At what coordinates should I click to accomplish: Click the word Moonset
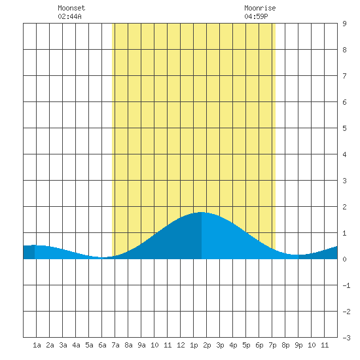click(71, 8)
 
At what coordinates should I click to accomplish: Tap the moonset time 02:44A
click(69, 16)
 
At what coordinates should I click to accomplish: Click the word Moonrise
click(260, 8)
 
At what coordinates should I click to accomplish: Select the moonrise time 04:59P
click(256, 16)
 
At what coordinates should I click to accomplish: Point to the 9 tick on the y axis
click(344, 24)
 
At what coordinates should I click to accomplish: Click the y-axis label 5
click(344, 128)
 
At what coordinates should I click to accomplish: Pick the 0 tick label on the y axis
click(344, 259)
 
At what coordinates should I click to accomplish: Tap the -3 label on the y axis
click(346, 338)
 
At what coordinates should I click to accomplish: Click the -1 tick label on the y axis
click(346, 285)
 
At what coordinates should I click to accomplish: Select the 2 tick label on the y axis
click(344, 207)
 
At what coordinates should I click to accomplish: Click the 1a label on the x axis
click(37, 345)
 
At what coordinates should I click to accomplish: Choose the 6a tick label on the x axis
click(102, 345)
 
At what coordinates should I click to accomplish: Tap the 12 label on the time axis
click(181, 345)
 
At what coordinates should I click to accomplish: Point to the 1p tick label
click(194, 345)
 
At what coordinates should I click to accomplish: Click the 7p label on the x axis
click(272, 345)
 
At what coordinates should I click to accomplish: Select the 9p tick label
click(298, 345)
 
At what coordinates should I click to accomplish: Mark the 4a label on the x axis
click(76, 345)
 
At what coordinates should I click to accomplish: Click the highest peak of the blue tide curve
click(202, 212)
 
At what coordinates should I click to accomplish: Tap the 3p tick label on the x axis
click(220, 345)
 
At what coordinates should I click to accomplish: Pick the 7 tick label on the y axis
click(344, 76)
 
